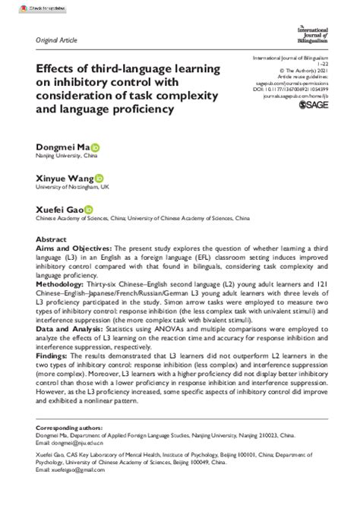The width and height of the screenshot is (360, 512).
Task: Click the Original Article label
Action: (x=55, y=37)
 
